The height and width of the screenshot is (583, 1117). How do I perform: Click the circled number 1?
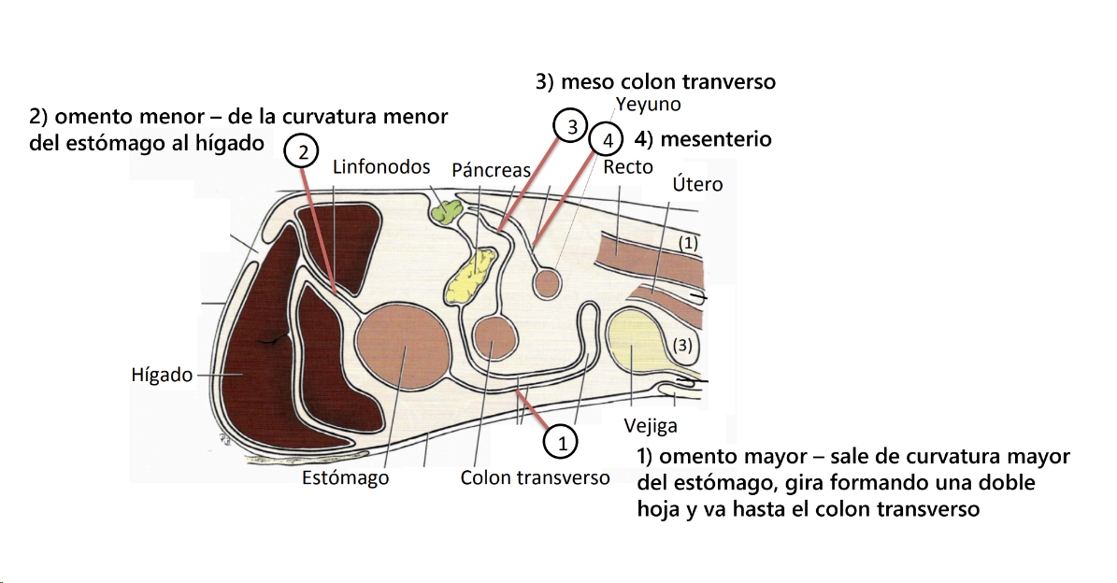pyautogui.click(x=562, y=443)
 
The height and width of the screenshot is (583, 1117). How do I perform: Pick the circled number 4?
pyautogui.click(x=608, y=141)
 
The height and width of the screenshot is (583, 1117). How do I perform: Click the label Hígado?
pyautogui.click(x=162, y=375)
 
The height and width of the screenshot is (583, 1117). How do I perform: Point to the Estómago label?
pyautogui.click(x=345, y=478)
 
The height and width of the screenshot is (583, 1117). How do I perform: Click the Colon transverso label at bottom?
pyautogui.click(x=535, y=478)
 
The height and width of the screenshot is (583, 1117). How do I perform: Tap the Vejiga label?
pyautogui.click(x=651, y=427)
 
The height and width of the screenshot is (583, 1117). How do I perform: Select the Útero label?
pyautogui.click(x=697, y=184)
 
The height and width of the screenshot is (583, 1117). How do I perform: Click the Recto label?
pyautogui.click(x=628, y=167)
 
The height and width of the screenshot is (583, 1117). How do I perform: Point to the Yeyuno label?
pyautogui.click(x=648, y=105)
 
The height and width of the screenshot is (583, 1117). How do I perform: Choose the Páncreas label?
pyautogui.click(x=491, y=170)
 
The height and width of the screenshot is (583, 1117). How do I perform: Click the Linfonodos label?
pyautogui.click(x=381, y=167)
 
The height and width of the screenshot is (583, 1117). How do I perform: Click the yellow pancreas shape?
pyautogui.click(x=474, y=277)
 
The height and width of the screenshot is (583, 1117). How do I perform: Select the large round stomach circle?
pyautogui.click(x=402, y=349)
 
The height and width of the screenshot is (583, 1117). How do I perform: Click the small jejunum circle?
pyautogui.click(x=547, y=282)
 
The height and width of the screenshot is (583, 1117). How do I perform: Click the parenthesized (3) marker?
pyautogui.click(x=684, y=345)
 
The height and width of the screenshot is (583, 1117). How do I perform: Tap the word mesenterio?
pyautogui.click(x=716, y=140)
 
